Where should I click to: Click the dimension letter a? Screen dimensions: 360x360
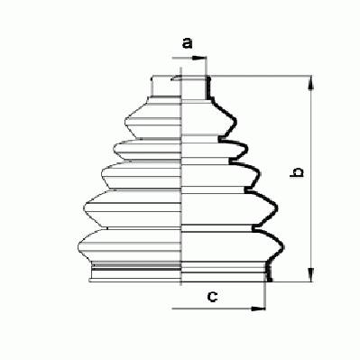187,43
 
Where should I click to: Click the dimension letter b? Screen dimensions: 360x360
297,172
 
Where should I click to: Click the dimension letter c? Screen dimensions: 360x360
212,297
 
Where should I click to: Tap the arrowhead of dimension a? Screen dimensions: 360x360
198,58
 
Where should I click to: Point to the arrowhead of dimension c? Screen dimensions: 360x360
258,309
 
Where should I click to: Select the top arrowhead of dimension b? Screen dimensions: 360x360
311,83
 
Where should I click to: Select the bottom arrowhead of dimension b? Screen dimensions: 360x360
311,275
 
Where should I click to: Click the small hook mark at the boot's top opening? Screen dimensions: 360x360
175,78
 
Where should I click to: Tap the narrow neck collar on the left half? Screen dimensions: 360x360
165,87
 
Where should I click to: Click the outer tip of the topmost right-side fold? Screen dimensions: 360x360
235,123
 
